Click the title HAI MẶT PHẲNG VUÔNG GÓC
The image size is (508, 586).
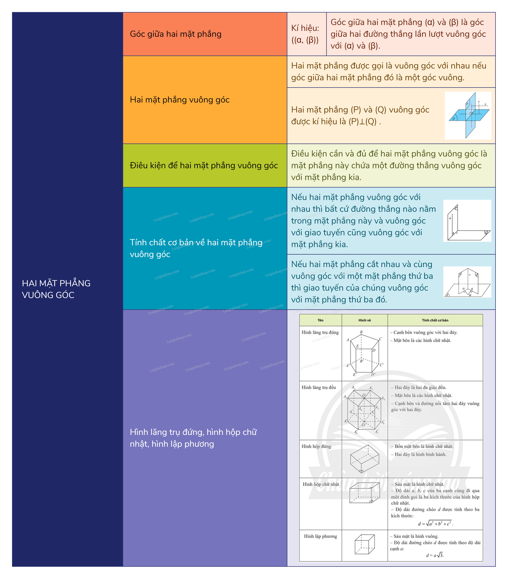click(x=56, y=289)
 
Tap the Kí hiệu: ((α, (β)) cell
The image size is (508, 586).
click(x=305, y=34)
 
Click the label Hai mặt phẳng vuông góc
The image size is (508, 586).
click(x=179, y=100)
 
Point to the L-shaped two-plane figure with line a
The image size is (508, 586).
click(x=467, y=221)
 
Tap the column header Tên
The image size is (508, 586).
click(x=320, y=320)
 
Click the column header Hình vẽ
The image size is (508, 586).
click(x=365, y=320)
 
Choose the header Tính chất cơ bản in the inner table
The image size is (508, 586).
click(x=435, y=320)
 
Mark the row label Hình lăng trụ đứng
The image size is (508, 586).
click(x=320, y=333)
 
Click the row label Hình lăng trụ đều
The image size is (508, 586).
click(x=319, y=387)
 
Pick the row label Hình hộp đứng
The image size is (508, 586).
click(x=316, y=446)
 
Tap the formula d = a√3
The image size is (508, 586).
click(x=435, y=555)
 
